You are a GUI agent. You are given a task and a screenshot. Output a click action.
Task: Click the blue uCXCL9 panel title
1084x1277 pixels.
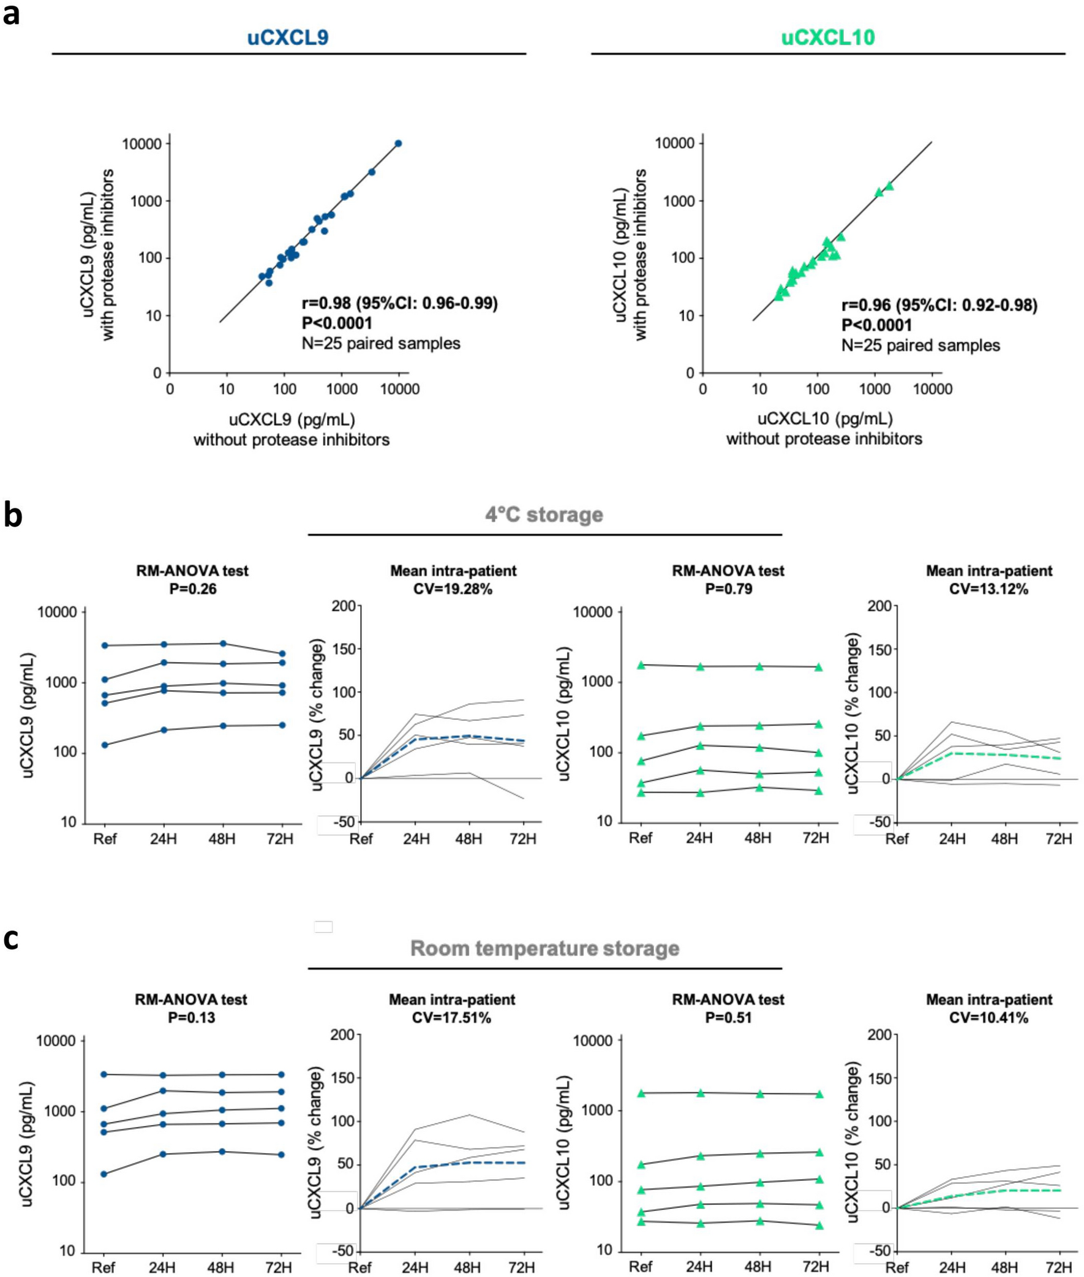(x=288, y=38)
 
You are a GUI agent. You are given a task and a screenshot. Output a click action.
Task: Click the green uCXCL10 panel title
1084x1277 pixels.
(x=828, y=38)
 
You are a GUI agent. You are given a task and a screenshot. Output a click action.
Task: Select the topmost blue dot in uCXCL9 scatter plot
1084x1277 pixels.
(x=398, y=143)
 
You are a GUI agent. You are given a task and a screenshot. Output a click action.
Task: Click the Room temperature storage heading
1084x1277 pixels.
(x=544, y=947)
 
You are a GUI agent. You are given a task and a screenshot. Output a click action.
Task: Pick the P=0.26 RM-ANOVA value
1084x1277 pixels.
(x=192, y=589)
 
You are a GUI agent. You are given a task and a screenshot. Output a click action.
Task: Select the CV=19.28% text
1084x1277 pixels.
(x=453, y=589)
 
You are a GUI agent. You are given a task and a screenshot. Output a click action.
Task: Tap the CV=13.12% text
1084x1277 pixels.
(x=988, y=589)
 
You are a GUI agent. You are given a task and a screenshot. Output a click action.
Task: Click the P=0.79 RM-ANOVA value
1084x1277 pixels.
(x=728, y=589)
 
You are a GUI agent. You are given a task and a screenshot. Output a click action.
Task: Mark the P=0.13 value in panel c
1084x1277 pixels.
(x=192, y=1018)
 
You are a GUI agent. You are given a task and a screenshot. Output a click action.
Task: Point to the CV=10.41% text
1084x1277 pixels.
(x=988, y=1018)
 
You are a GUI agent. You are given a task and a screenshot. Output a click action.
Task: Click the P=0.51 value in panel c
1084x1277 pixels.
(x=728, y=1018)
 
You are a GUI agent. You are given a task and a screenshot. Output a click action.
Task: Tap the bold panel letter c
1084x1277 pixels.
(x=11, y=940)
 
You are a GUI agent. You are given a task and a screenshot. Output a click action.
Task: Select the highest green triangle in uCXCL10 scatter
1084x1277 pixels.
(x=889, y=185)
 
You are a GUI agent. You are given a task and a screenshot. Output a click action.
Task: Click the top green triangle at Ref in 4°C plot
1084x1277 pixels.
(x=641, y=665)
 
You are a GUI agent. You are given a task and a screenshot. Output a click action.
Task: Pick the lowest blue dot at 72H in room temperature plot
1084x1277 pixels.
(x=282, y=1155)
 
